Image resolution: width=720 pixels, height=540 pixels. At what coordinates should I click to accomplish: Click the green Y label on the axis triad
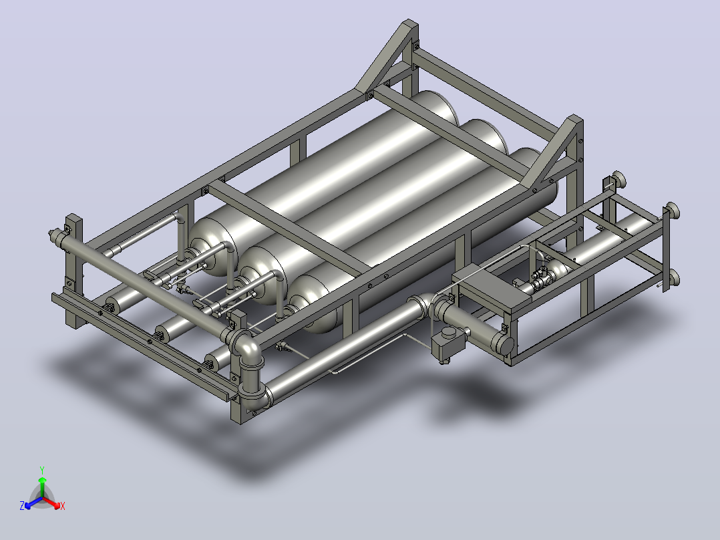click(42, 470)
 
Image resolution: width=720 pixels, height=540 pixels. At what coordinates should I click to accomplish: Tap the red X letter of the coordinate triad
click(63, 506)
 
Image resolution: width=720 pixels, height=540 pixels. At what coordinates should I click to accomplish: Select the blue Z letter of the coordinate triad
click(22, 505)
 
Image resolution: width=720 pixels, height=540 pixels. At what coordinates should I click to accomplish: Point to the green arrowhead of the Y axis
click(42, 479)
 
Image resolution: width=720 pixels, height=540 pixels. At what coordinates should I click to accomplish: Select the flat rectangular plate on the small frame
click(492, 287)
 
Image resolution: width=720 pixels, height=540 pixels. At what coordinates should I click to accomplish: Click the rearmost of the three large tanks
click(321, 179)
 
